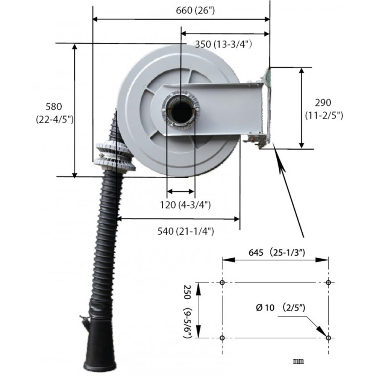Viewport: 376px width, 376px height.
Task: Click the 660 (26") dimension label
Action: click(195, 11)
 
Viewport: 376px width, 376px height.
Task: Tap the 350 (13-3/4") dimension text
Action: click(223, 44)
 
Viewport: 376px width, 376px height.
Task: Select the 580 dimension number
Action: click(54, 106)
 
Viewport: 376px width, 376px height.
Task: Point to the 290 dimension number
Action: click(323, 103)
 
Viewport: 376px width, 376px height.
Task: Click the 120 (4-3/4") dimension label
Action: click(185, 205)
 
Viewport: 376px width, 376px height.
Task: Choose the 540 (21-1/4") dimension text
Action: click(185, 231)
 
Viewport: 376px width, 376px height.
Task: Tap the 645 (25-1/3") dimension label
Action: click(276, 253)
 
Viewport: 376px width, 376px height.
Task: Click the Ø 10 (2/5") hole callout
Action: click(280, 307)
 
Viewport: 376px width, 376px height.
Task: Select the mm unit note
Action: click(298, 361)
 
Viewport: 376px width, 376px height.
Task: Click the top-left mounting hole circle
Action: click(222, 282)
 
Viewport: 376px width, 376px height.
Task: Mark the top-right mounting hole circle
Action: click(328, 282)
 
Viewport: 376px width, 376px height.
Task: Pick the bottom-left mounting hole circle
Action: click(222, 338)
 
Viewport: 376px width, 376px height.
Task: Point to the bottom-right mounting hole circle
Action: click(328, 338)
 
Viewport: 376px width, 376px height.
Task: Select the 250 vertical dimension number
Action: click(187, 292)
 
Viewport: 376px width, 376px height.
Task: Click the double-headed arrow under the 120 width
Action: click(180, 191)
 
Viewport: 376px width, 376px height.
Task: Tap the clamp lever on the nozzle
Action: click(85, 319)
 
